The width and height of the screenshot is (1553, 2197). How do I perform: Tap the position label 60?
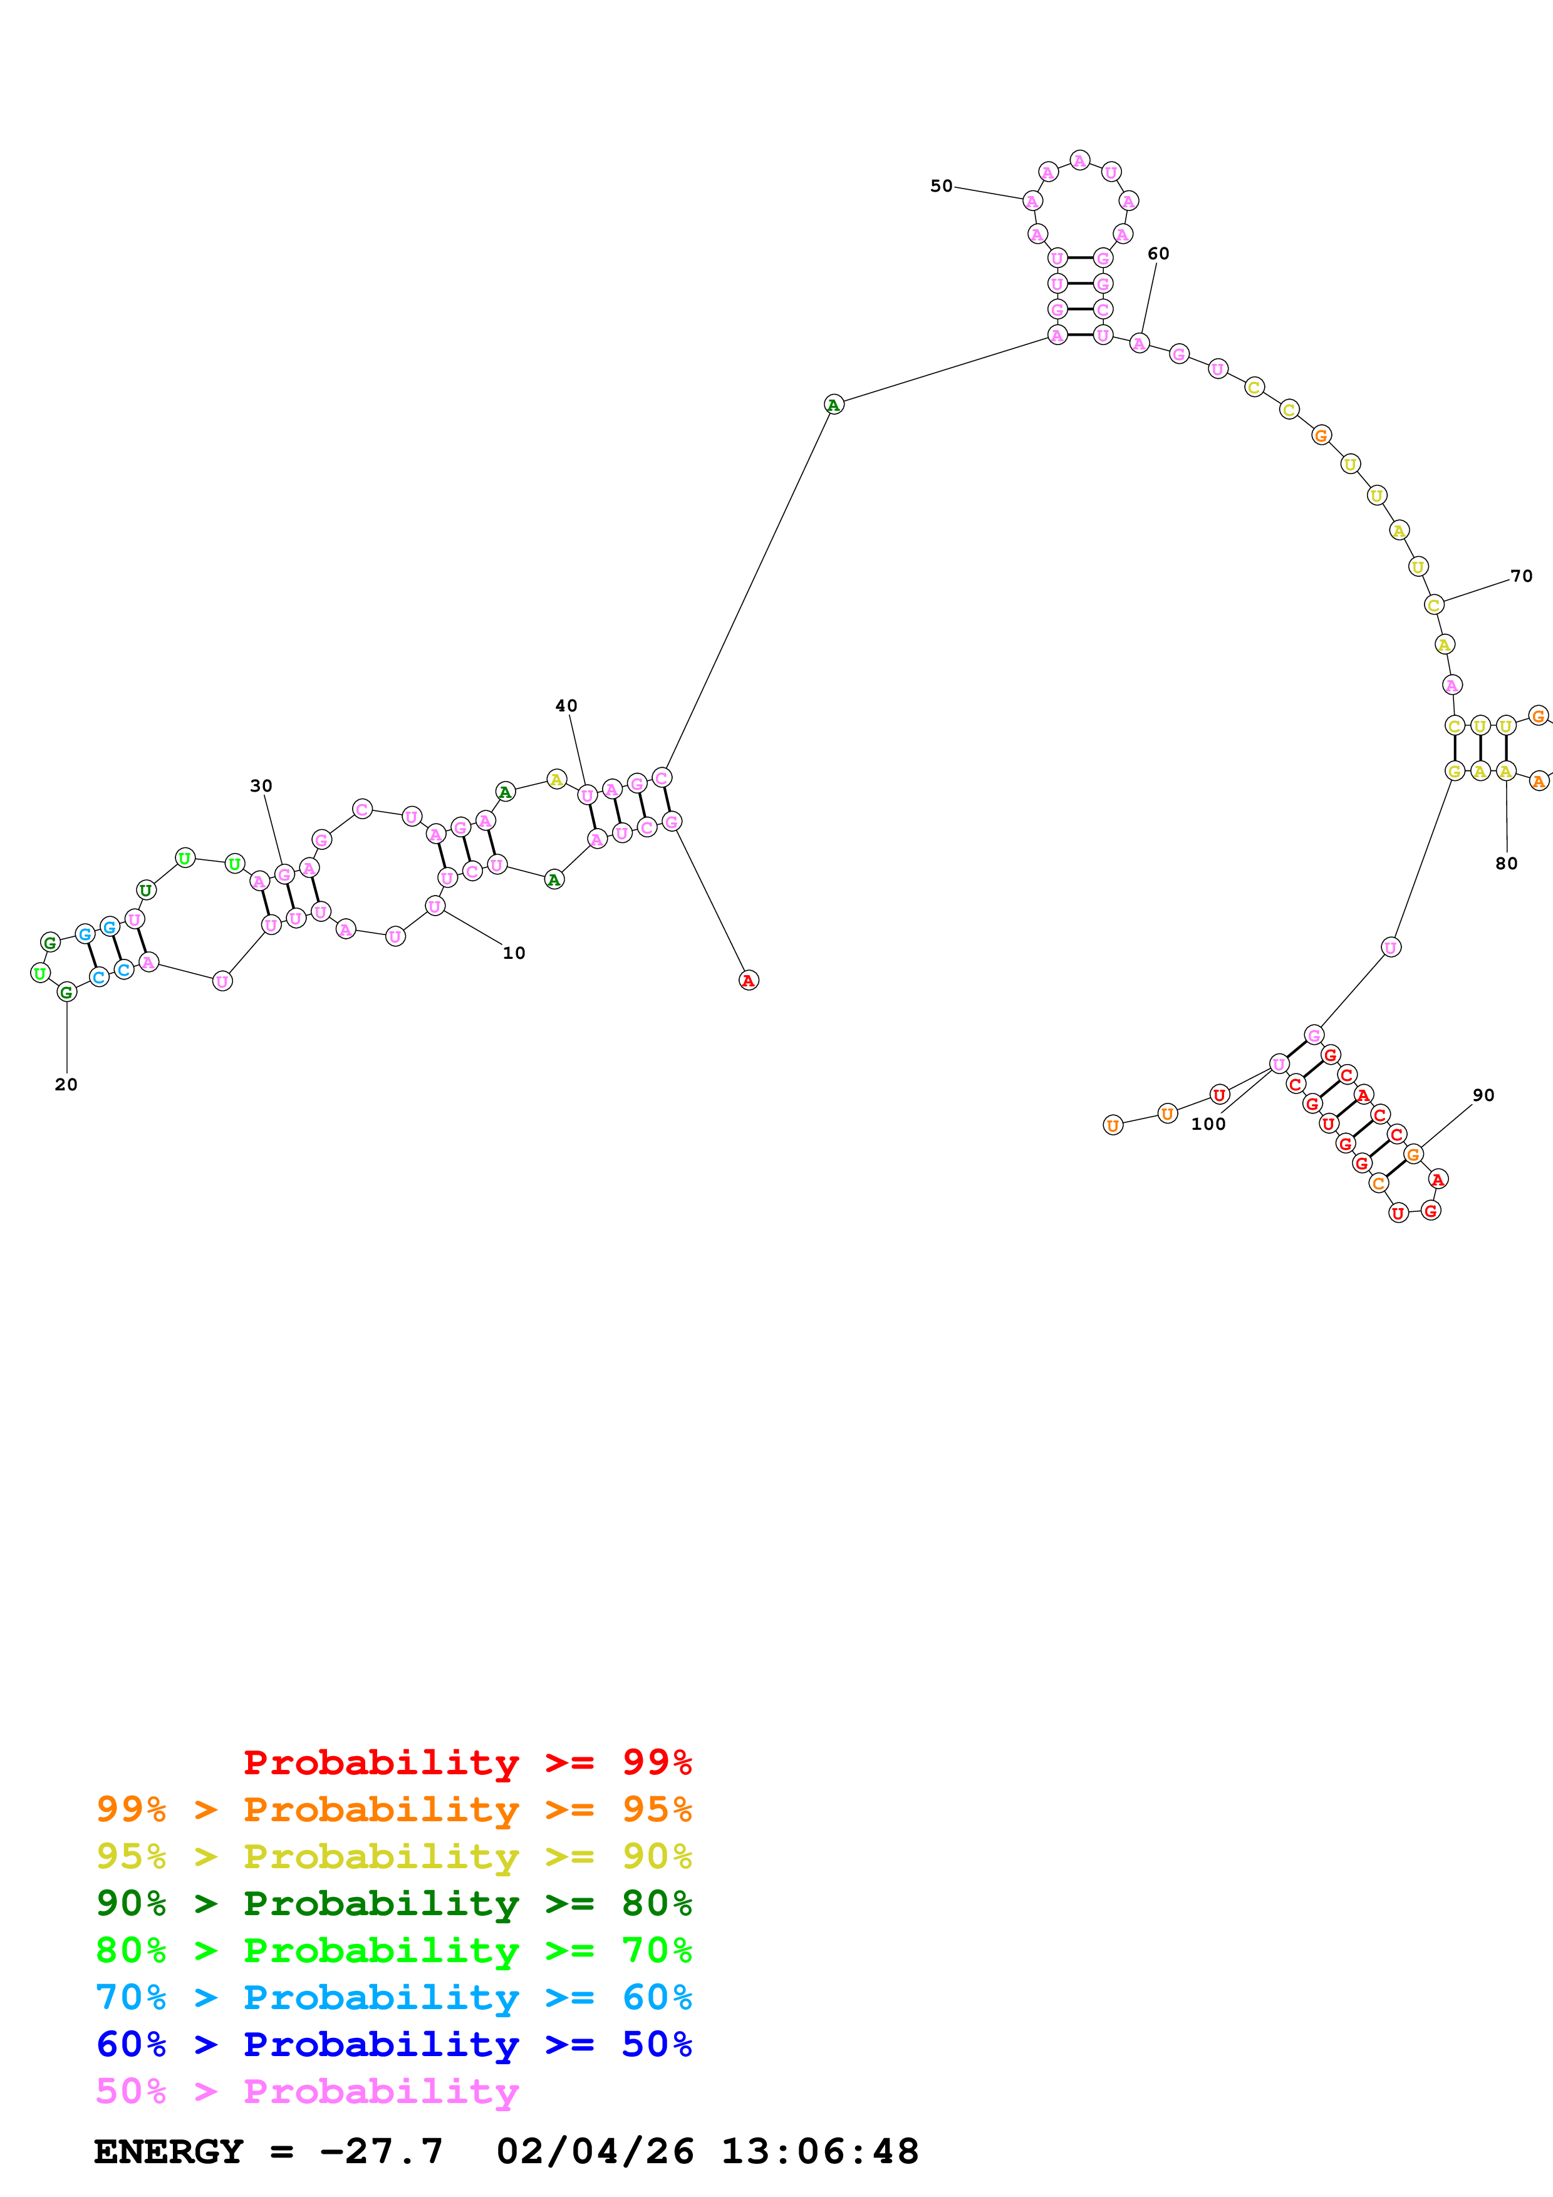pyautogui.click(x=1158, y=254)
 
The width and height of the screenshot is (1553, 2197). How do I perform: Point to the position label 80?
pyautogui.click(x=1506, y=863)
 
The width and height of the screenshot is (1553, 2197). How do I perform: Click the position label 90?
pyautogui.click(x=1483, y=1095)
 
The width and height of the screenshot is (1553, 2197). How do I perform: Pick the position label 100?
pyautogui.click(x=1208, y=1124)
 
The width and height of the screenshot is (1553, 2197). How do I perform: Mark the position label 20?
pyautogui.click(x=66, y=1084)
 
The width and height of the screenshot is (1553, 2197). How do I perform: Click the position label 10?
pyautogui.click(x=514, y=953)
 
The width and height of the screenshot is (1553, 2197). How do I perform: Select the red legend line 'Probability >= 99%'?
pyautogui.click(x=467, y=1762)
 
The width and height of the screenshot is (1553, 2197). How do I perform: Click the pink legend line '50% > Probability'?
pyautogui.click(x=307, y=2092)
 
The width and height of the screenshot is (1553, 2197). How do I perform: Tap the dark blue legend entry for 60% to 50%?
pyautogui.click(x=393, y=2045)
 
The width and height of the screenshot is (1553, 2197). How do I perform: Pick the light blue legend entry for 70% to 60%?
pyautogui.click(x=393, y=1998)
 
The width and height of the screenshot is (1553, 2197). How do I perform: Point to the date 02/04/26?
pyautogui.click(x=595, y=2152)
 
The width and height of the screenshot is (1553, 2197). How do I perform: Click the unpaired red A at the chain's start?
pyautogui.click(x=748, y=981)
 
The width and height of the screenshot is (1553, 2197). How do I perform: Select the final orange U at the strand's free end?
pyautogui.click(x=1112, y=1125)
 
